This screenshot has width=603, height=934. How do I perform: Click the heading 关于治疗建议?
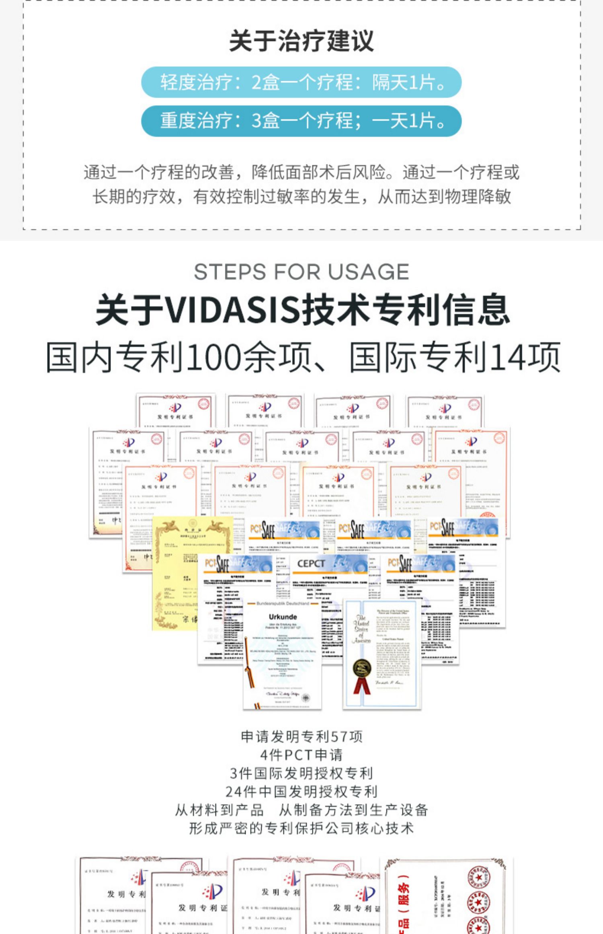[x=301, y=41]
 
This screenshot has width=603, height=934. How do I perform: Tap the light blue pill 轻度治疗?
[x=301, y=82]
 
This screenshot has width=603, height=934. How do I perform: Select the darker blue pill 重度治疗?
[x=301, y=121]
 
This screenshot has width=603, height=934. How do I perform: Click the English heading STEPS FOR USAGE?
[x=301, y=272]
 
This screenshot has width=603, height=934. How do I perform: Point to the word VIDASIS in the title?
[x=233, y=310]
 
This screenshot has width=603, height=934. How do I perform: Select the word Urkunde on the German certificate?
[x=283, y=617]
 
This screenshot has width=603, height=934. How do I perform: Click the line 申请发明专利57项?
[x=301, y=737]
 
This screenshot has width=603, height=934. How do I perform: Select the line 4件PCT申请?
[x=301, y=755]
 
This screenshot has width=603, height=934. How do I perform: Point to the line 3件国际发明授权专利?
[x=301, y=773]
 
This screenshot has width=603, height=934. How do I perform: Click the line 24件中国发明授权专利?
[x=301, y=791]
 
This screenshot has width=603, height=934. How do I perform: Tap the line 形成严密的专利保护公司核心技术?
[x=301, y=828]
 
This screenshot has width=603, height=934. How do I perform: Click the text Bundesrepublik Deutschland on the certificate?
[x=283, y=603]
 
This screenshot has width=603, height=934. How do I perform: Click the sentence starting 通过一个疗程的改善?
[x=301, y=173]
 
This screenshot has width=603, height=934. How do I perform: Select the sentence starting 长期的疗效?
[x=301, y=197]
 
